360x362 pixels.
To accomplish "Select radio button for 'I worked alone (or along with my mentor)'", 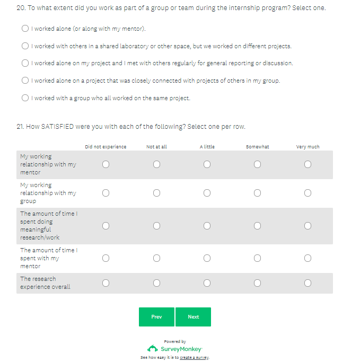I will (25, 29).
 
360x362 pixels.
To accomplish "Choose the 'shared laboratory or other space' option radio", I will (25, 46).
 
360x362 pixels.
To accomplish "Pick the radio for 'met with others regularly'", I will (25, 63).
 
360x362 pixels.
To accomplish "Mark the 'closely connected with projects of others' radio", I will (25, 81).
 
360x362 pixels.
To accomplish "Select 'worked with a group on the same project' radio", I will (25, 98).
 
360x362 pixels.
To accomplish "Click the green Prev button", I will (156, 317).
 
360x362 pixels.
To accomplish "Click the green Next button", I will (193, 317).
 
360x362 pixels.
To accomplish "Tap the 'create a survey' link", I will (194, 358).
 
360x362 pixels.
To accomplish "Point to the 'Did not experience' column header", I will (106, 147).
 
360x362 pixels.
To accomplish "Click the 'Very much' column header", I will (308, 147).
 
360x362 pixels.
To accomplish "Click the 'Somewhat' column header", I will (257, 147).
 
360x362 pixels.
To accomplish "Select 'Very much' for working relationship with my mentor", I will (308, 164).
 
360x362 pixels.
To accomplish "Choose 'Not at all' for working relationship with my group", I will (156, 193).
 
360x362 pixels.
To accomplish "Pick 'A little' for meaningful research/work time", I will (207, 226).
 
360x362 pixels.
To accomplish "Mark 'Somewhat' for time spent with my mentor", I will (257, 258).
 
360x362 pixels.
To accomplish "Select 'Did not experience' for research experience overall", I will (106, 283).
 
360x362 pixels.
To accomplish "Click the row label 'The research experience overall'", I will (45, 283).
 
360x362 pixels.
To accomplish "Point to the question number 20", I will (21, 8).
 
